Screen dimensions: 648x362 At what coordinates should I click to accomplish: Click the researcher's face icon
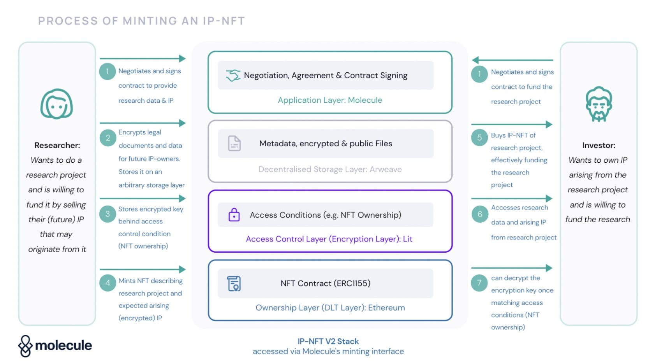click(x=57, y=104)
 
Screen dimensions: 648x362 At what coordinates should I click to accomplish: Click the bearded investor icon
click(x=599, y=104)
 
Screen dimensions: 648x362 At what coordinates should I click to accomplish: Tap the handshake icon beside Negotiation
click(x=233, y=76)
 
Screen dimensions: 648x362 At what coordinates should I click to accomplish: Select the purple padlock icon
click(x=234, y=215)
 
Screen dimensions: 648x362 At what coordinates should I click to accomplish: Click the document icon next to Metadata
click(x=234, y=143)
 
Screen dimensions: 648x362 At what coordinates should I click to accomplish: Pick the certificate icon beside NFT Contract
click(x=234, y=283)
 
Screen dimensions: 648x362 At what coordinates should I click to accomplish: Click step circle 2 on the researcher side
click(x=107, y=138)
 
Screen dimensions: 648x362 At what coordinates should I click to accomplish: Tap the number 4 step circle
click(x=107, y=283)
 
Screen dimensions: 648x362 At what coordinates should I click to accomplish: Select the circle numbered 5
click(x=479, y=137)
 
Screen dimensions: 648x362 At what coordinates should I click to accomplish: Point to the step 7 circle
click(x=479, y=283)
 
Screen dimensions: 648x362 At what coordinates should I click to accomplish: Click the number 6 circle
click(x=480, y=214)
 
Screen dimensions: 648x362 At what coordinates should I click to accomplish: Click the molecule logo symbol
click(x=25, y=346)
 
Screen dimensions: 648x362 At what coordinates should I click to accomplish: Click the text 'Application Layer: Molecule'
click(x=330, y=100)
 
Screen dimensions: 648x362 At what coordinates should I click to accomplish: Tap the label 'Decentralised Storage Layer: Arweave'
click(x=330, y=169)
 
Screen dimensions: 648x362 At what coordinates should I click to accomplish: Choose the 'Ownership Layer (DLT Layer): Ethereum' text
click(x=330, y=308)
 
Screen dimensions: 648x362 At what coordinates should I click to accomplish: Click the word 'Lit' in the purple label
click(x=407, y=239)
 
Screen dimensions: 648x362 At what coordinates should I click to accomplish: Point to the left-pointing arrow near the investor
click(x=512, y=60)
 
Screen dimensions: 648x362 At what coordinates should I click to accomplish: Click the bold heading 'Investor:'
click(x=599, y=145)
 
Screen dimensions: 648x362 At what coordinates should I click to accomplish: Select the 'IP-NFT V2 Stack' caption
click(x=328, y=341)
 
